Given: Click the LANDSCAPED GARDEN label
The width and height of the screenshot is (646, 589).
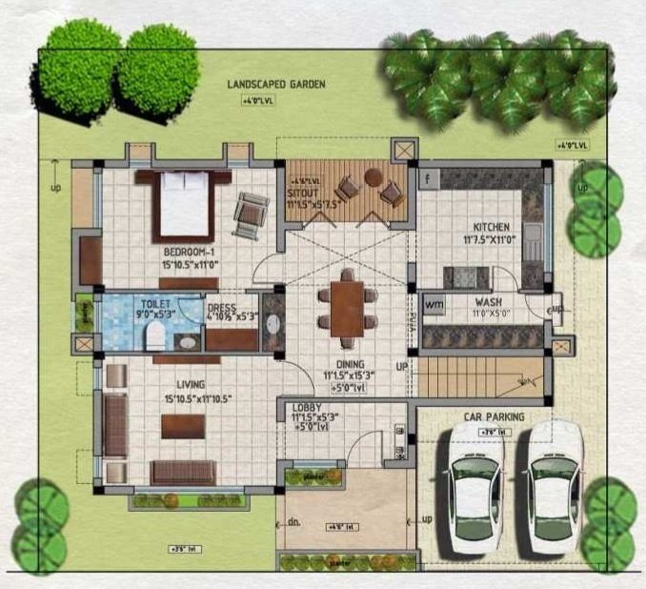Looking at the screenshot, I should [x=276, y=85].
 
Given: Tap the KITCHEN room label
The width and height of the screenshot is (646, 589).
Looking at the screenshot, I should [x=492, y=228].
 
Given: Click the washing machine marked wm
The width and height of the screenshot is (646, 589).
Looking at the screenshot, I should [x=434, y=304].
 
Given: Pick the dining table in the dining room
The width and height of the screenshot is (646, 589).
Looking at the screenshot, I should [x=347, y=306].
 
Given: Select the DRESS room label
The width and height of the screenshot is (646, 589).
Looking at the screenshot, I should [x=221, y=307].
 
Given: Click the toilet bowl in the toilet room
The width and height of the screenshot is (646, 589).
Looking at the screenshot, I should [x=151, y=334].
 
